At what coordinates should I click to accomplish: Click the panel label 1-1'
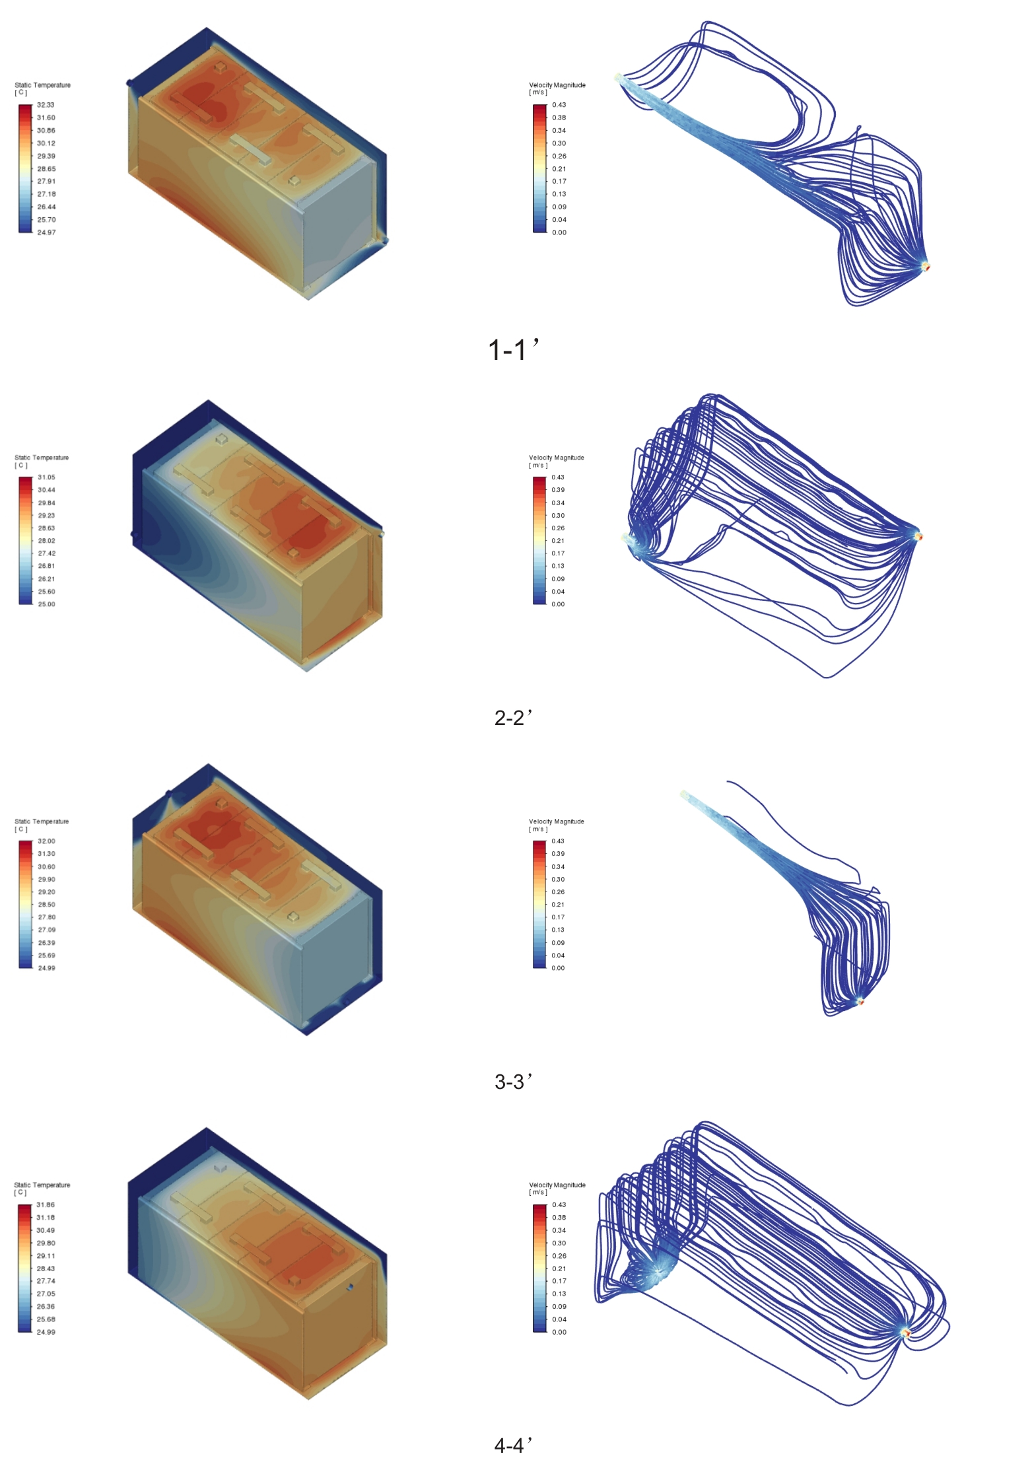tap(514, 349)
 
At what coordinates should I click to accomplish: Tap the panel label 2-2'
tap(513, 717)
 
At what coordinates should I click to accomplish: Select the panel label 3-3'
tap(513, 1081)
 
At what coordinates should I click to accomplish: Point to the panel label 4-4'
tap(513, 1445)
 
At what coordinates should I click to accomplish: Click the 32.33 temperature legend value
tap(46, 105)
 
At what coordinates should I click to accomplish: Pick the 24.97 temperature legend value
tap(46, 232)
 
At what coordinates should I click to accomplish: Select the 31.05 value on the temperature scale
tap(46, 477)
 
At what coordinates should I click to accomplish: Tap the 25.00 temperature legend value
tap(46, 604)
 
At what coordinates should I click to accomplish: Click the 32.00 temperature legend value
tap(46, 841)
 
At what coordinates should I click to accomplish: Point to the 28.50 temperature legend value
tap(46, 905)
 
